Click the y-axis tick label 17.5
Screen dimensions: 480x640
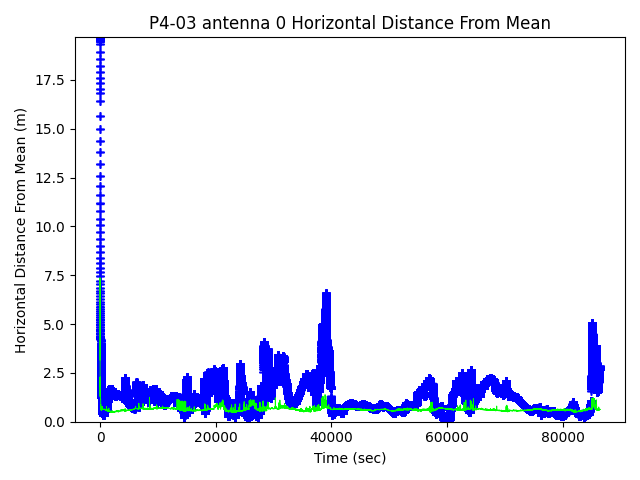pos(51,80)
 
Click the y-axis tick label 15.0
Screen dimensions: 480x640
pos(51,129)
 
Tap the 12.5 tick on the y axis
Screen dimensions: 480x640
pos(51,178)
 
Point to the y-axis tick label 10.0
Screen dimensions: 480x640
pos(51,227)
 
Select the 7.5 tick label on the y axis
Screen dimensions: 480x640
pos(55,276)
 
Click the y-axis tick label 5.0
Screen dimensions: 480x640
pos(55,325)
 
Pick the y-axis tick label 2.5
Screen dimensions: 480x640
pos(55,373)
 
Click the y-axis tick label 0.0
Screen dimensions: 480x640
pos(55,422)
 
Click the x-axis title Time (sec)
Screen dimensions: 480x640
pos(350,458)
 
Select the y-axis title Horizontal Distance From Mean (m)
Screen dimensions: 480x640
pos(21,230)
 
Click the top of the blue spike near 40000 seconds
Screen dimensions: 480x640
pos(326,292)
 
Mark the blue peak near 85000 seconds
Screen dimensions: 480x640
pos(592,321)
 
